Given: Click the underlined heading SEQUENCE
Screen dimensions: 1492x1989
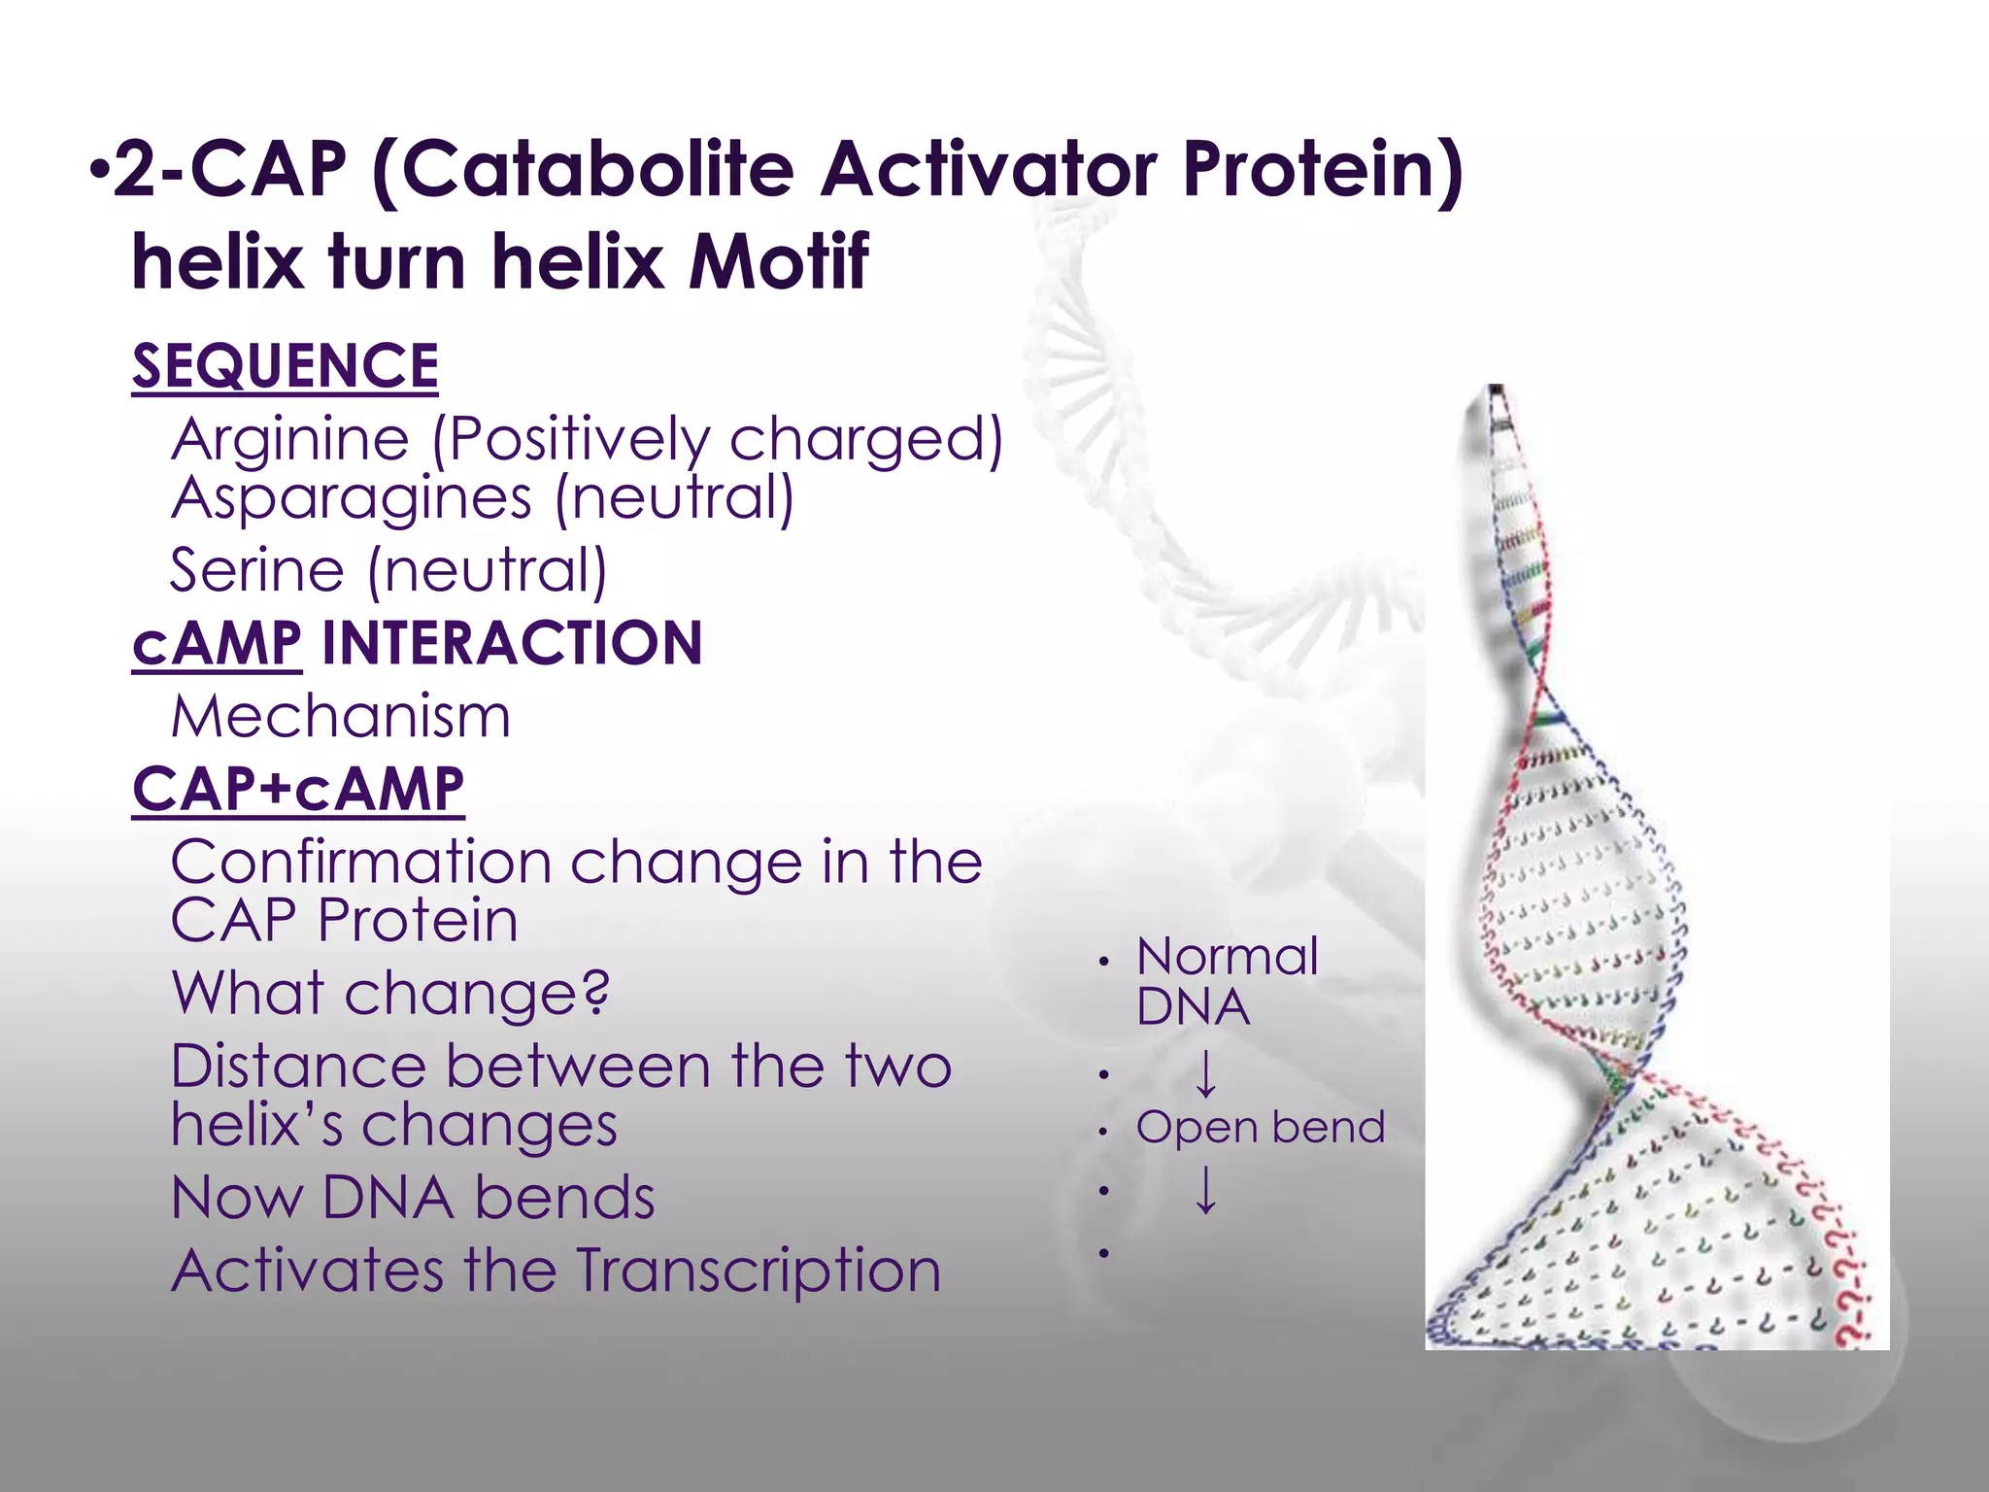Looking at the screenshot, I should click(x=285, y=366).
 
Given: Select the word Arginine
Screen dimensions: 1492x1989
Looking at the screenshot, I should click(x=290, y=440).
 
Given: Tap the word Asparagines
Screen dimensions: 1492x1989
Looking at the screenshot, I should click(x=352, y=498).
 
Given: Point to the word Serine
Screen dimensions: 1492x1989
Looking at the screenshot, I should click(x=256, y=570).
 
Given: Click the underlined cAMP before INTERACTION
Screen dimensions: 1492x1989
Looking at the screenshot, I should click(x=217, y=644).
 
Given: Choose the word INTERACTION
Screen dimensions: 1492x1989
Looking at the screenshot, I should click(x=512, y=644).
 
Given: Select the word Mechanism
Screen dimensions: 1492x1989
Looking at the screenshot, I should click(x=340, y=717).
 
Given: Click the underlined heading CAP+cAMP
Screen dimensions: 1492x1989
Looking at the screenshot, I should click(x=298, y=789).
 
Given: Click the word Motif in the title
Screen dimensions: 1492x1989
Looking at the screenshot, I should click(x=778, y=262).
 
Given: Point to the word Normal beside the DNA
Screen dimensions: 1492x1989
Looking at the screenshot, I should click(x=1227, y=958).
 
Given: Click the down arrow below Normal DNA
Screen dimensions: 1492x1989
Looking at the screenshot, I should click(x=1205, y=1073).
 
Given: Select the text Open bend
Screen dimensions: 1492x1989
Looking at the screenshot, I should click(x=1260, y=1128).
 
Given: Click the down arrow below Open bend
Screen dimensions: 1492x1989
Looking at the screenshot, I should click(x=1205, y=1190).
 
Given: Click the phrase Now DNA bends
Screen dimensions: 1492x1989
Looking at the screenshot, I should click(x=413, y=1198).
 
